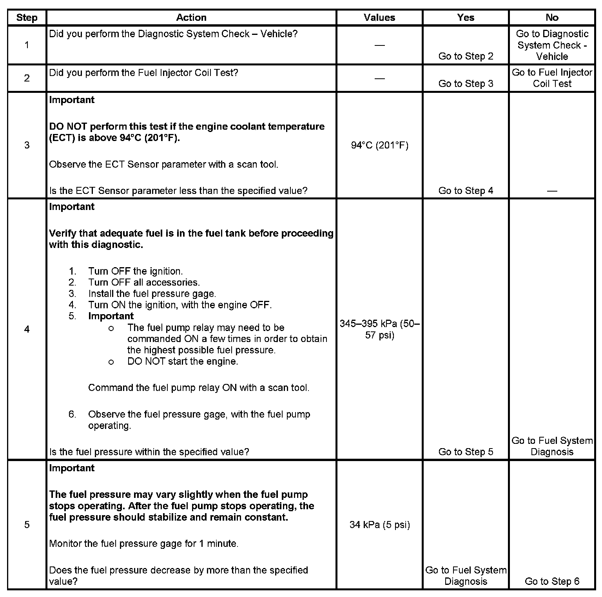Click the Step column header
(x=27, y=18)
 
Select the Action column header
(x=191, y=18)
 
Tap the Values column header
(x=379, y=18)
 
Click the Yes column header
(x=465, y=18)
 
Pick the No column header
(x=551, y=18)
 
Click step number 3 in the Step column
(x=27, y=145)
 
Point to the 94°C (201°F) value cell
(x=379, y=146)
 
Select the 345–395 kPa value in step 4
(x=379, y=329)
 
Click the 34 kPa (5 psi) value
(x=379, y=525)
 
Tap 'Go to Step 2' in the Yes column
(x=466, y=56)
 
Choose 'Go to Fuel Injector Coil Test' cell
(x=552, y=78)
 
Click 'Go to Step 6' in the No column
(x=552, y=581)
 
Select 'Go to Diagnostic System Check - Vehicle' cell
(x=552, y=45)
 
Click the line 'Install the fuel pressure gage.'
(x=152, y=294)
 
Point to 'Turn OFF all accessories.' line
(x=144, y=282)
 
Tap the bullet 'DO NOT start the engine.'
(x=183, y=361)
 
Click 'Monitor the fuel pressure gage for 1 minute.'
(x=144, y=544)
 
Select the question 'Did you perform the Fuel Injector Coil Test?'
(x=144, y=73)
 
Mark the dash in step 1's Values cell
(x=379, y=45)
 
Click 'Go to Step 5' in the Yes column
(x=466, y=452)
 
